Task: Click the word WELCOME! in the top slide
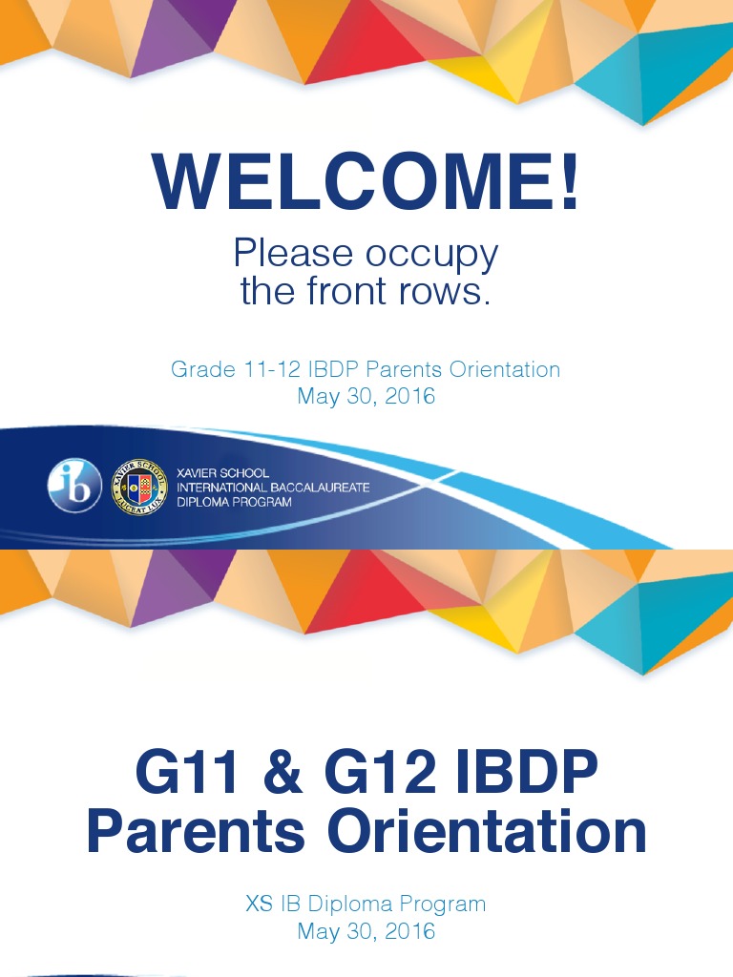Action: (366, 182)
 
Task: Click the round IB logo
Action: (74, 486)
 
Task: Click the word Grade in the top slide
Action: (199, 369)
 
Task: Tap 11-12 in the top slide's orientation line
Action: (262, 369)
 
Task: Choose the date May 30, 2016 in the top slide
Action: (366, 396)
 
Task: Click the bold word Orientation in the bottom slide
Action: (487, 832)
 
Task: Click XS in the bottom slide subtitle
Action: (260, 904)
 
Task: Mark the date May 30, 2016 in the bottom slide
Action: (366, 931)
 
